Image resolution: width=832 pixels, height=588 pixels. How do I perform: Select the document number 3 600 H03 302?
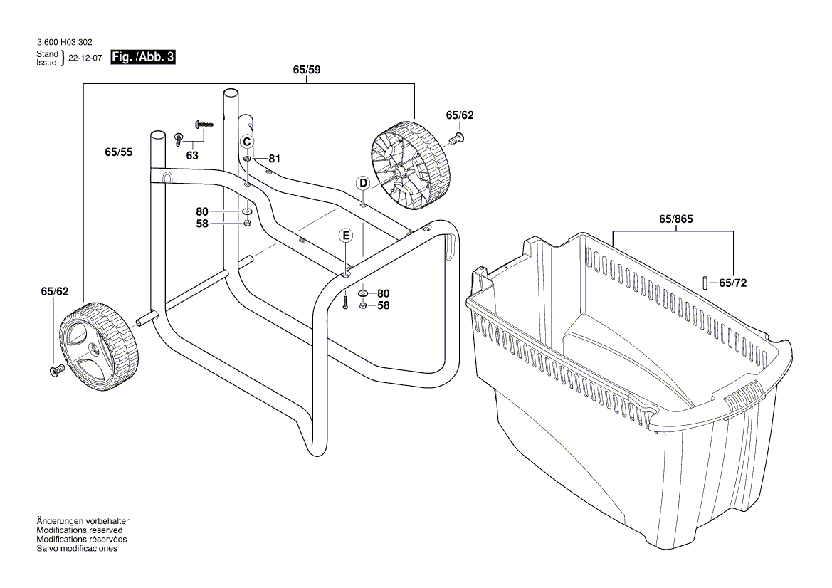coord(63,43)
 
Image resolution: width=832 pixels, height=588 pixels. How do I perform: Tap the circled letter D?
coord(363,183)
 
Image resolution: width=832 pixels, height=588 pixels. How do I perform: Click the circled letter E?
coord(345,235)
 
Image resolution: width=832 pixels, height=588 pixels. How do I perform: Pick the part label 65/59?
coord(307,70)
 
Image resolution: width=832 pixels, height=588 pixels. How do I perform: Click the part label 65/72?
coord(732,283)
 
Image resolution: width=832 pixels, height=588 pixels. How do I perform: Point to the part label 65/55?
coord(119,152)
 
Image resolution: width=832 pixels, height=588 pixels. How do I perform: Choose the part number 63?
coord(192,155)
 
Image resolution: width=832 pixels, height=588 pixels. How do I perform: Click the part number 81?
coord(274,158)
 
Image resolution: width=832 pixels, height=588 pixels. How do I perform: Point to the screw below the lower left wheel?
coord(56,370)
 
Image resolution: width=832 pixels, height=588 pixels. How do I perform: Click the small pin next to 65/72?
coord(705,282)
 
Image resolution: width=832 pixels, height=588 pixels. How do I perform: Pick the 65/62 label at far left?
coord(55,291)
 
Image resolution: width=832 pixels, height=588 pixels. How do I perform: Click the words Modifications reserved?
coord(79,530)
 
